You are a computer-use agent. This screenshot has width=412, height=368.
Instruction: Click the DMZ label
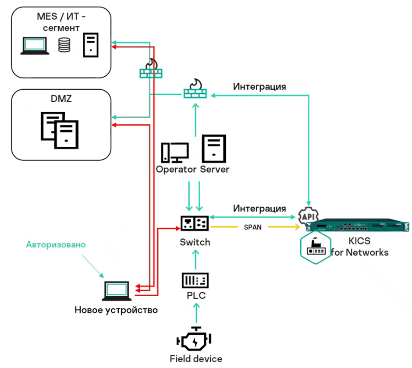coord(61,99)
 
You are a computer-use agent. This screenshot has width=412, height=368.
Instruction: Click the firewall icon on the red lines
coord(150,70)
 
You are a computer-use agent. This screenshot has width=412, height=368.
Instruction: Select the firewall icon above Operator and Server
coord(195,89)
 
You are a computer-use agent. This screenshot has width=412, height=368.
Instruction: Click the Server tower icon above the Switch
coord(214,149)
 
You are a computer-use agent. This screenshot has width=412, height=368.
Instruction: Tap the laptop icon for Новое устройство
coord(117,291)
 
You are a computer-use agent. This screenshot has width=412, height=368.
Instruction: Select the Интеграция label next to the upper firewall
coord(259,86)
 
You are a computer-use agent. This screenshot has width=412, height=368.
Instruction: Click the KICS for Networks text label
coord(359,247)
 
